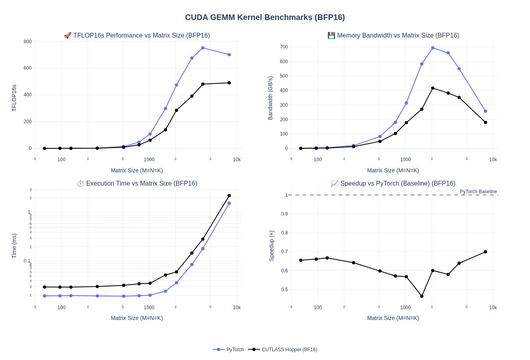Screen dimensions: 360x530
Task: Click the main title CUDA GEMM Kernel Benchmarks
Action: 265,18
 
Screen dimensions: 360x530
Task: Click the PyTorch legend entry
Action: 235,350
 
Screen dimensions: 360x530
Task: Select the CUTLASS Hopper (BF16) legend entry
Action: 289,350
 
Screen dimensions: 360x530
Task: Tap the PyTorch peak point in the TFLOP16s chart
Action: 203,48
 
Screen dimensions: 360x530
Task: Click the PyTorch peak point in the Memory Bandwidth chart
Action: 433,48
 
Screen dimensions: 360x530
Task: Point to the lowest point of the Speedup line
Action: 422,296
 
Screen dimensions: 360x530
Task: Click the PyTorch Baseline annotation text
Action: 478,192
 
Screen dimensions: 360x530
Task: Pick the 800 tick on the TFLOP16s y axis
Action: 28,42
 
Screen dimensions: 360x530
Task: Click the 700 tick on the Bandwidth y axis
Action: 284,47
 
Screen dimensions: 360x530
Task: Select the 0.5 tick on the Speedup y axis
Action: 284,290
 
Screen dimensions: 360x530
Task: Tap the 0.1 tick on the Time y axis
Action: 27,261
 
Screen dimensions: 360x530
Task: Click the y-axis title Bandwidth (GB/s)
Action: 270,98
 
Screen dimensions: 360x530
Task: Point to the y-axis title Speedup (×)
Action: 271,246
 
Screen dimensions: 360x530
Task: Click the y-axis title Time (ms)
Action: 14,246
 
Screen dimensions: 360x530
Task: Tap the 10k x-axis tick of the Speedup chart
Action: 493,308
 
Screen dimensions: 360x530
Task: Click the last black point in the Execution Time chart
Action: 229,196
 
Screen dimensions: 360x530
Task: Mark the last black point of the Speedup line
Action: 486,252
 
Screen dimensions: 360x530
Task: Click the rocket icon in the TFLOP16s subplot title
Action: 68,36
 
